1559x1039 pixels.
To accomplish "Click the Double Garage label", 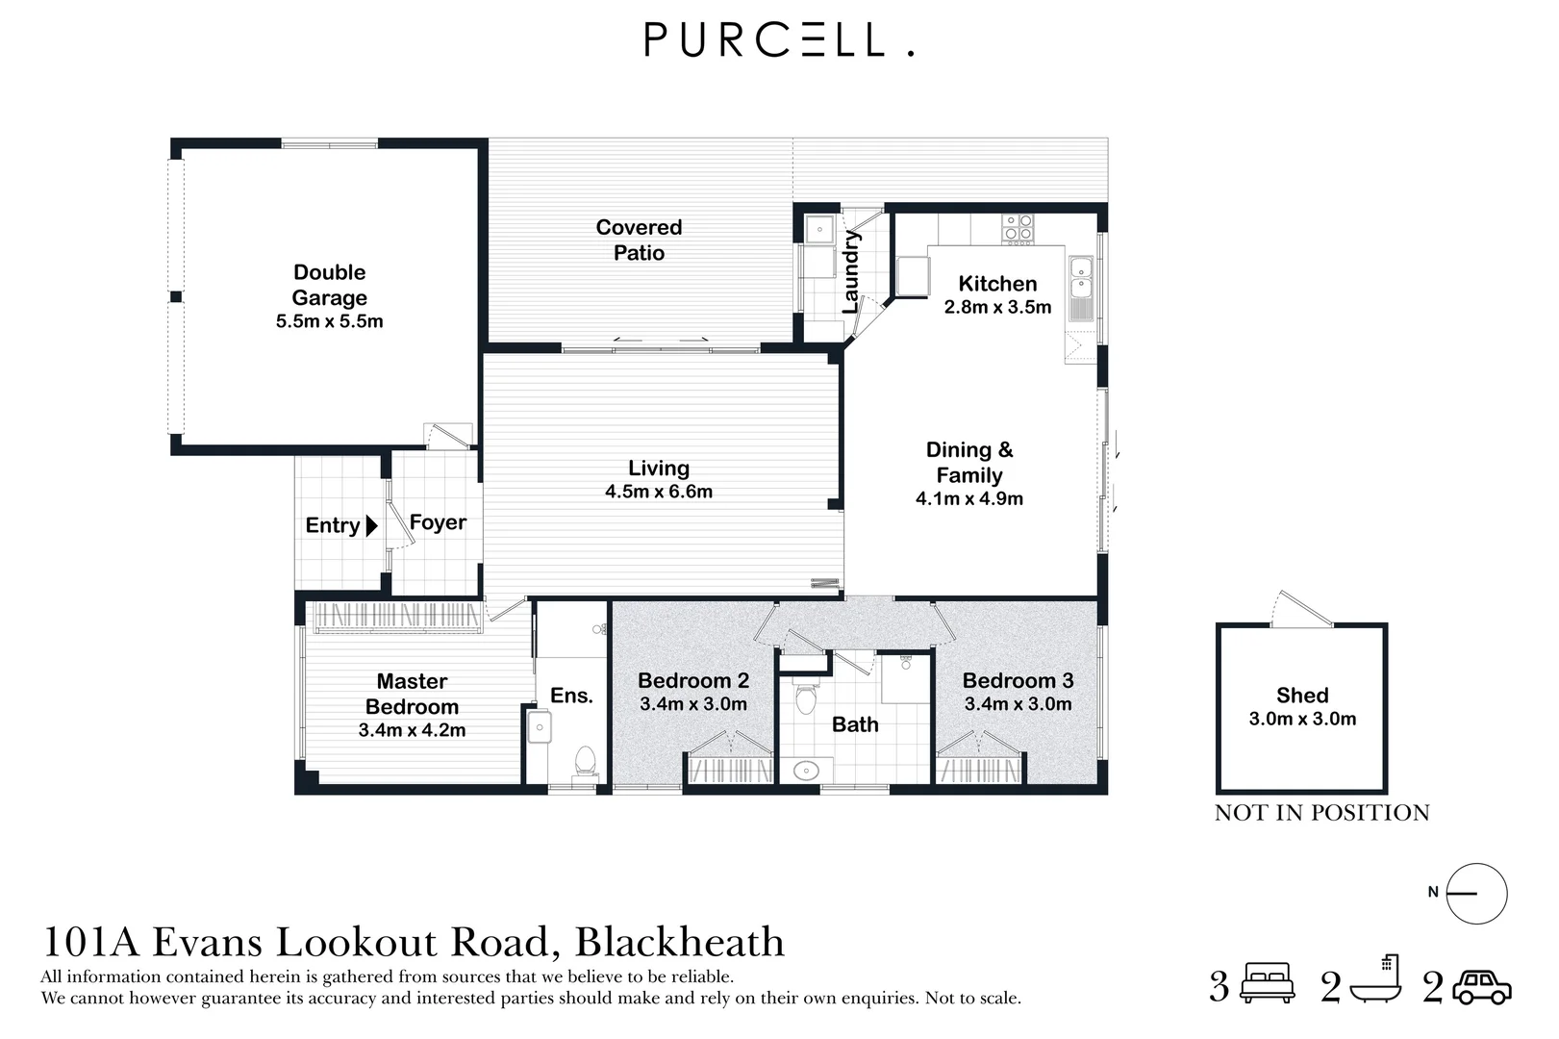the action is (x=329, y=285).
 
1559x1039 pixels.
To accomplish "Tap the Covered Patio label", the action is (x=639, y=241).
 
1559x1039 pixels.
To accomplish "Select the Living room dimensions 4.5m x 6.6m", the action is (x=659, y=492).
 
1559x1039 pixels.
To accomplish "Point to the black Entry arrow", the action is (x=371, y=526).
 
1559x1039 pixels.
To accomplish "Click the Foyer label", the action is (x=438, y=522).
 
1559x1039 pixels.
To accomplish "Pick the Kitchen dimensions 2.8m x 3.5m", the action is (x=997, y=307).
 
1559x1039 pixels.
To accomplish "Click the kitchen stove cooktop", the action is (x=1018, y=229).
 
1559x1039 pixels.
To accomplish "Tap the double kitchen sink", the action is (x=1081, y=277).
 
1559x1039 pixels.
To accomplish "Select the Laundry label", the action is (x=851, y=272).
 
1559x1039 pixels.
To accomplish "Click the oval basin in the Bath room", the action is (x=806, y=771).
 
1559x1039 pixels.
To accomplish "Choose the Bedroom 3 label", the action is (x=1018, y=680).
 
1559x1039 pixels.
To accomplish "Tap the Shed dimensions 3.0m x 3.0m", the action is (x=1302, y=719).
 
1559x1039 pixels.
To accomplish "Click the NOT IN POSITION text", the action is (x=1321, y=813).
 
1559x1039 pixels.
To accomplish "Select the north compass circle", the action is (x=1476, y=894).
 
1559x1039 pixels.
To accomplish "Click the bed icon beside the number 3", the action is (x=1269, y=982).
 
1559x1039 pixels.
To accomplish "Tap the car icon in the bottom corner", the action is (x=1482, y=987).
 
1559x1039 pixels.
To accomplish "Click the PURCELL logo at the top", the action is (x=779, y=39).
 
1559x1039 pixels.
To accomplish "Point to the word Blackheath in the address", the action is (x=679, y=942).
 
